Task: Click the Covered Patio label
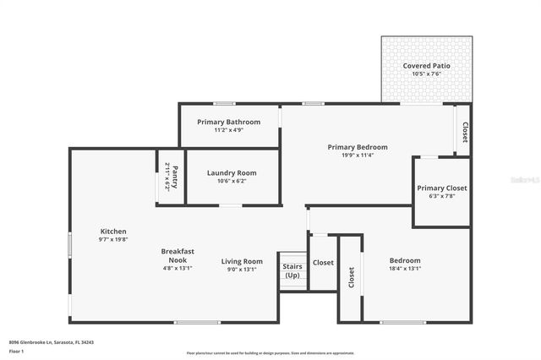tap(426, 65)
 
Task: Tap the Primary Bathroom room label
tap(229, 122)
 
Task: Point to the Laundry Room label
tap(232, 172)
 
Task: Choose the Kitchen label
tap(113, 231)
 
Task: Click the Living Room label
tap(242, 261)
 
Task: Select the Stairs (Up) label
tap(292, 271)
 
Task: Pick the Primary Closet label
tap(442, 188)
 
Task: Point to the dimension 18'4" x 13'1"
tap(404, 269)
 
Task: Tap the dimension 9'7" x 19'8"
tap(113, 239)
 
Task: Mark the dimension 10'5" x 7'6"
tap(426, 74)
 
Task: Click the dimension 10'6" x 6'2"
tap(232, 181)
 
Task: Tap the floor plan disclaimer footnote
tap(270, 352)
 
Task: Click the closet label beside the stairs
tap(323, 263)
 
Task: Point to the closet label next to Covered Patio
tap(464, 132)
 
